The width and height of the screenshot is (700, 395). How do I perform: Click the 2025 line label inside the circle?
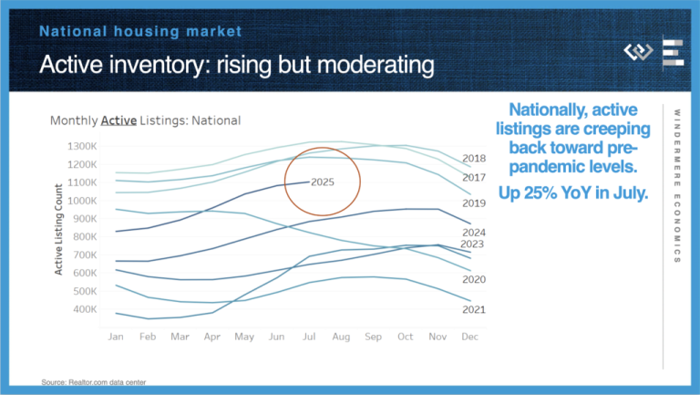(323, 182)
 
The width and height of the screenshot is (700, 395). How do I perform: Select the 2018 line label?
(474, 159)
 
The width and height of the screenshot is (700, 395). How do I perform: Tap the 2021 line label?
(474, 310)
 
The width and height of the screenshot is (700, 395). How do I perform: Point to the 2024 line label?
(474, 232)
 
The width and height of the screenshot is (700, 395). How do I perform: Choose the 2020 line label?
(474, 279)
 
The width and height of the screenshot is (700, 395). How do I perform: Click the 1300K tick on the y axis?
(81, 146)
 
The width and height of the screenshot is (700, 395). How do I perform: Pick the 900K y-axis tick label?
(83, 219)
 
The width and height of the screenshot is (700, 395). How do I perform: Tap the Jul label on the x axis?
(311, 337)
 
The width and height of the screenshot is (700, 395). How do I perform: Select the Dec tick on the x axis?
(470, 337)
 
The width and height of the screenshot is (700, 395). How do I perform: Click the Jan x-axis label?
(116, 337)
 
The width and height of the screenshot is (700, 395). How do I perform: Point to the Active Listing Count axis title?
(58, 228)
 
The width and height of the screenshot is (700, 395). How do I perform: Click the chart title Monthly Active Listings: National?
(145, 120)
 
